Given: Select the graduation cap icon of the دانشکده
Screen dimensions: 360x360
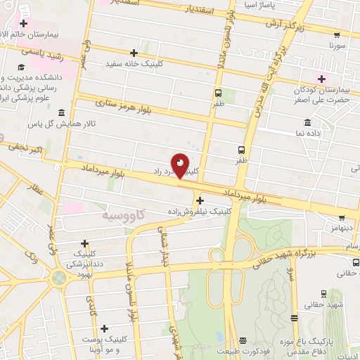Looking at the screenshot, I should pyautogui.click(x=32, y=66).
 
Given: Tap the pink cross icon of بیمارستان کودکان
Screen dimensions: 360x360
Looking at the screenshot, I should pyautogui.click(x=323, y=78).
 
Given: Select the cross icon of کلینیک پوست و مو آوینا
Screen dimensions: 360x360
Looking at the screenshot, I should pyautogui.click(x=105, y=328).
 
